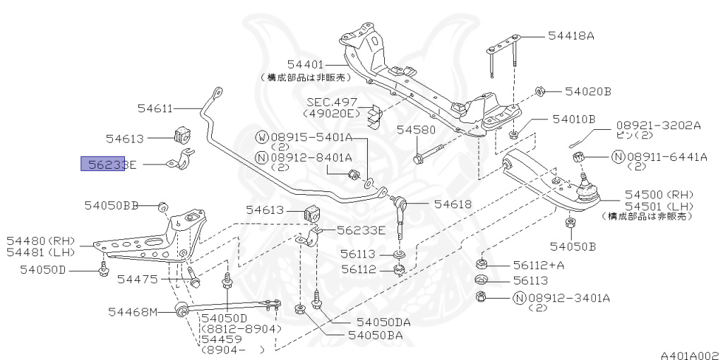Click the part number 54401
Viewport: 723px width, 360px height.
305,64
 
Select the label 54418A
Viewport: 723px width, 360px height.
571,35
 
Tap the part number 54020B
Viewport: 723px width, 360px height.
587,92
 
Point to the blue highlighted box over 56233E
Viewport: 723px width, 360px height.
103,164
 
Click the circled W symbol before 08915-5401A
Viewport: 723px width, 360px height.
261,136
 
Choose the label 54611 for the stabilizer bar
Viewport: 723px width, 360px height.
155,108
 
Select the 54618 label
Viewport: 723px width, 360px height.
453,204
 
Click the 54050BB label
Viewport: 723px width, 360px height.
112,205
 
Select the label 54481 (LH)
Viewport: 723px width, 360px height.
41,252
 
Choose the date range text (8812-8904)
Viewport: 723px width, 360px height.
241,329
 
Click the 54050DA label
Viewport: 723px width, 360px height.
383,321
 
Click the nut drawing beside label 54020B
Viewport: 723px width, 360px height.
538,91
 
